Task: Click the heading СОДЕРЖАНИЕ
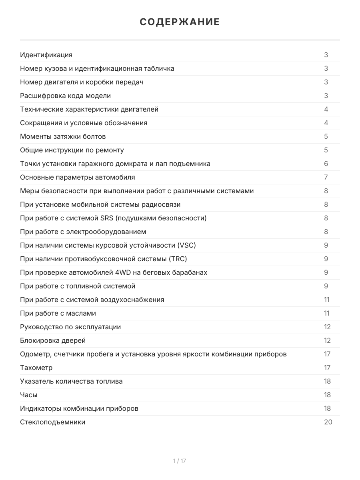click(x=180, y=22)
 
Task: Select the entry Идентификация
click(x=46, y=55)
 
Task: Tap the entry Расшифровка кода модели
click(x=65, y=96)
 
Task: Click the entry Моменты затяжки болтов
click(x=63, y=136)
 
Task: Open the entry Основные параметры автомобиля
click(x=77, y=177)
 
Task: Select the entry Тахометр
click(x=36, y=368)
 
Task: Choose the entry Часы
click(x=29, y=395)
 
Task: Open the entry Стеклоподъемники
click(x=52, y=422)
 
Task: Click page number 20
click(x=328, y=422)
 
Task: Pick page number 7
click(x=326, y=177)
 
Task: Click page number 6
click(x=326, y=164)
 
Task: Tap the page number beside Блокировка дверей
click(x=327, y=340)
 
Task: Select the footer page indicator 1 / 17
click(x=180, y=461)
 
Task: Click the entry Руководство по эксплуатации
click(x=70, y=327)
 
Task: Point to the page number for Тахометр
click(x=327, y=368)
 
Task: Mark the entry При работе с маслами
click(x=58, y=313)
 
